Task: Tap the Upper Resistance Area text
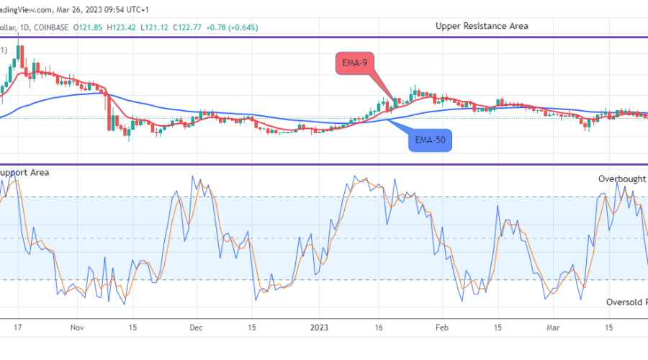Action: (x=482, y=26)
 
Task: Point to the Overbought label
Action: (x=622, y=179)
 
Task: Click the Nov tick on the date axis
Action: (x=78, y=327)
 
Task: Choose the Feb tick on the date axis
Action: (x=442, y=327)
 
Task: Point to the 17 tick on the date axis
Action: (x=18, y=327)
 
